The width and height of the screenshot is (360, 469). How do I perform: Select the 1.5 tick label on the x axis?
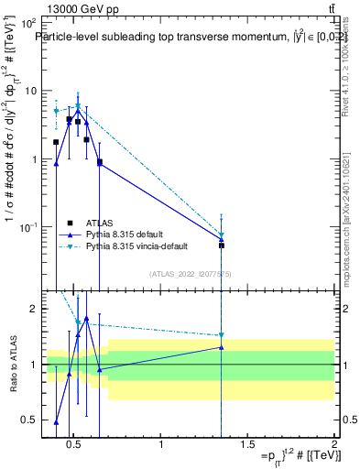(x=248, y=445)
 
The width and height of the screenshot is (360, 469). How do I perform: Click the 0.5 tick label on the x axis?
(x=76, y=445)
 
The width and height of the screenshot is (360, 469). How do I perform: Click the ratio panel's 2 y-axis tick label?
(x=30, y=310)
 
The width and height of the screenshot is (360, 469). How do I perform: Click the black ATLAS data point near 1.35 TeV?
(x=222, y=245)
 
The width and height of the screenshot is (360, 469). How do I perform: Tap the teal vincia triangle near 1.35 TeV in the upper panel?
(x=222, y=235)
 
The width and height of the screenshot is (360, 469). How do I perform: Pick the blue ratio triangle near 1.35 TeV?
(x=222, y=347)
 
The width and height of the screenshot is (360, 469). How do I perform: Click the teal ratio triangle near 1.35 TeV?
(x=222, y=336)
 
